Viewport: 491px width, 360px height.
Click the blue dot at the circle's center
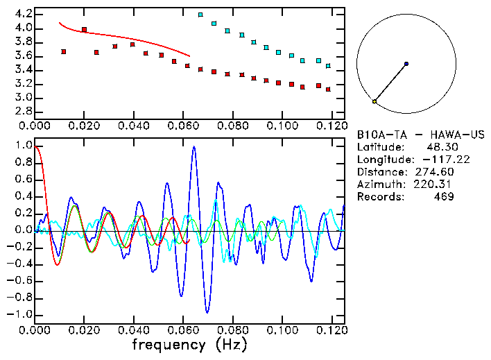(x=406, y=64)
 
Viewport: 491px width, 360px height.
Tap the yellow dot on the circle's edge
(x=374, y=101)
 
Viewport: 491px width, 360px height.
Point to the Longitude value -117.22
(x=438, y=160)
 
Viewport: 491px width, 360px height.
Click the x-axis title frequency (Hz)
(x=189, y=344)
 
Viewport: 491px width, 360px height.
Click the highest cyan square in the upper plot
(x=200, y=15)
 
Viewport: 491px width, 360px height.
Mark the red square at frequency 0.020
(x=84, y=30)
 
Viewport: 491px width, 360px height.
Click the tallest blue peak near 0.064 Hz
(x=193, y=147)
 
